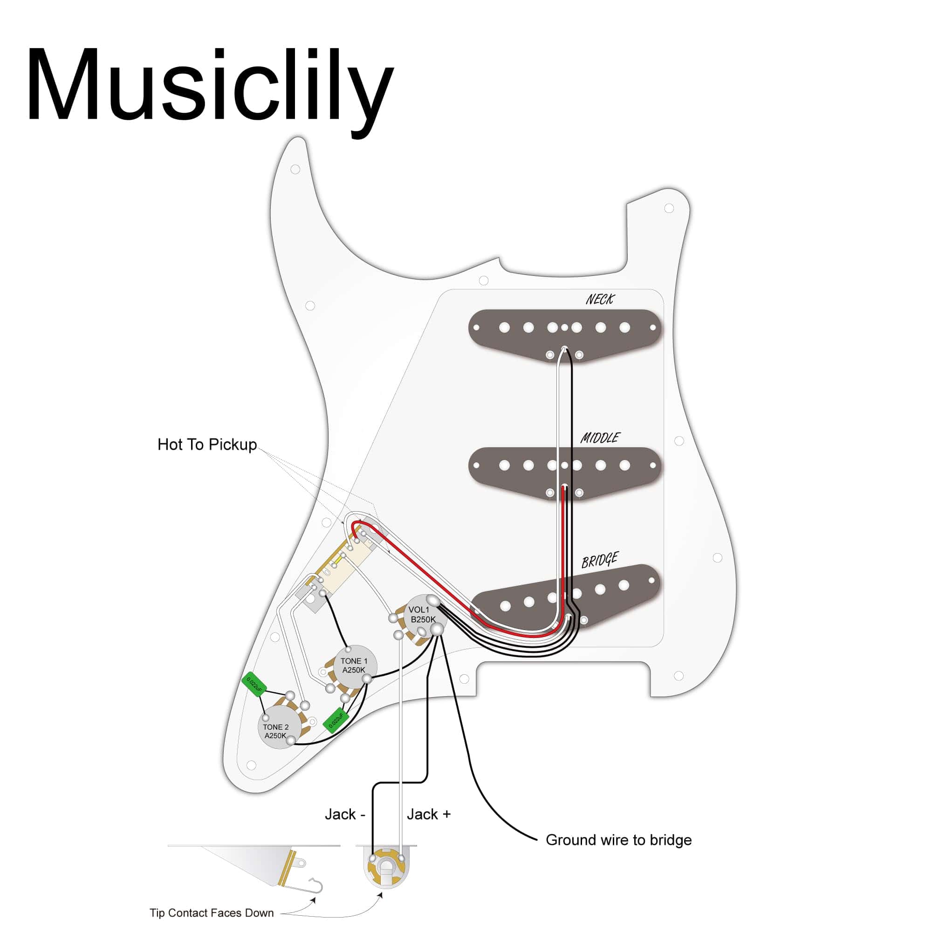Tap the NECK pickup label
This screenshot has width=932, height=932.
click(x=600, y=300)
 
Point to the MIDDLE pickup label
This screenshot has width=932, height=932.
click(x=600, y=438)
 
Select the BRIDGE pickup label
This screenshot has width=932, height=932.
click(x=600, y=561)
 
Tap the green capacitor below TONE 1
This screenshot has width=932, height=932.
click(x=336, y=720)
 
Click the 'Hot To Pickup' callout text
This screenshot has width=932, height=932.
click(x=207, y=444)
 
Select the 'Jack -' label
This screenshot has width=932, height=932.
click(x=344, y=814)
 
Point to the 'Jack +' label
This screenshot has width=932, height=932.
click(x=428, y=814)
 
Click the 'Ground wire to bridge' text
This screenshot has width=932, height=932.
click(x=618, y=840)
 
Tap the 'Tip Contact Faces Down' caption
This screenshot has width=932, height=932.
click(x=211, y=913)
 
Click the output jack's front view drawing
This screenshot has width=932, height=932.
click(x=386, y=874)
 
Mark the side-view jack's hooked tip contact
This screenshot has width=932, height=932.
click(x=316, y=885)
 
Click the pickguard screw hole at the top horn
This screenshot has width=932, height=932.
click(x=295, y=169)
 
